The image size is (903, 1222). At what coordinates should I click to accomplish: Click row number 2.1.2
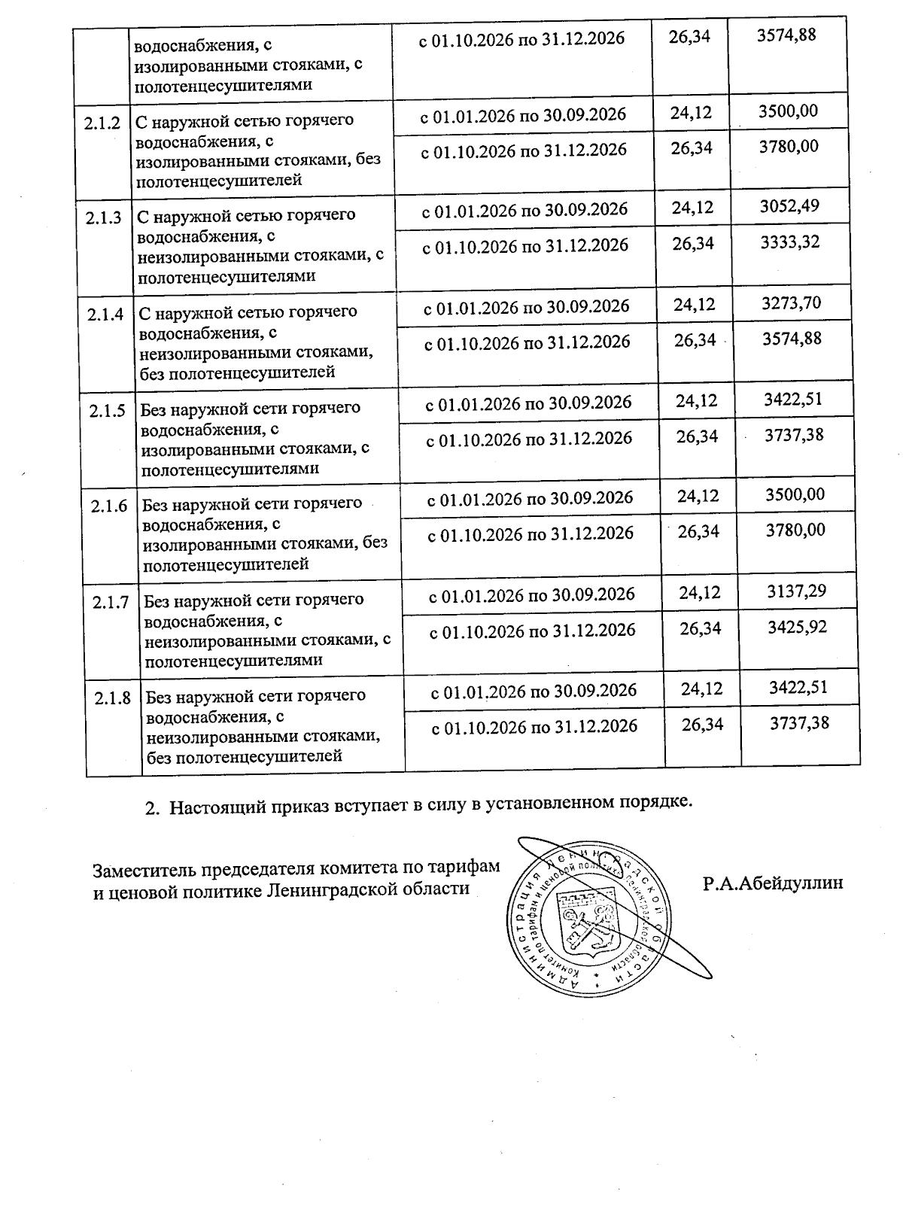tap(103, 123)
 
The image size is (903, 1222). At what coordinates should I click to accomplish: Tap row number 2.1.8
tap(113, 699)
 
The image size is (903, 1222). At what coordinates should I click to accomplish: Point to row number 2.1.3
tap(105, 218)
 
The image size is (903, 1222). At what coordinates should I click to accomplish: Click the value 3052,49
tap(789, 206)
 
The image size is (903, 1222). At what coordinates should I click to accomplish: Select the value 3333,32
tap(790, 242)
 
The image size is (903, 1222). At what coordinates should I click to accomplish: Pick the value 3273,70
tap(791, 303)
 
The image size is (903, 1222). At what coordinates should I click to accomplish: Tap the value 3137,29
tap(796, 591)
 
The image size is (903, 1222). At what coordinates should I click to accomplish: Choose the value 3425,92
tap(797, 627)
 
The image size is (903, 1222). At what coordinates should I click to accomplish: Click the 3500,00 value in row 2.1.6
tap(795, 494)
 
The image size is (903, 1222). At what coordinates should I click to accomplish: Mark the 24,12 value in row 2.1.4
tap(695, 305)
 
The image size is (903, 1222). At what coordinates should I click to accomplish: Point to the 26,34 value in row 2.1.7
tap(701, 628)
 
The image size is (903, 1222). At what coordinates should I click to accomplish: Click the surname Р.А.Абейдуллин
tap(773, 883)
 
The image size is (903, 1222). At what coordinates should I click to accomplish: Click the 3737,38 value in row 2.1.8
tap(800, 723)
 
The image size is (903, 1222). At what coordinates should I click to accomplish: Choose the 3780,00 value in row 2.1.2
tap(788, 146)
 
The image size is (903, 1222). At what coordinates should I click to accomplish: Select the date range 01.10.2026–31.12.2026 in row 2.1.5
tap(529, 439)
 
